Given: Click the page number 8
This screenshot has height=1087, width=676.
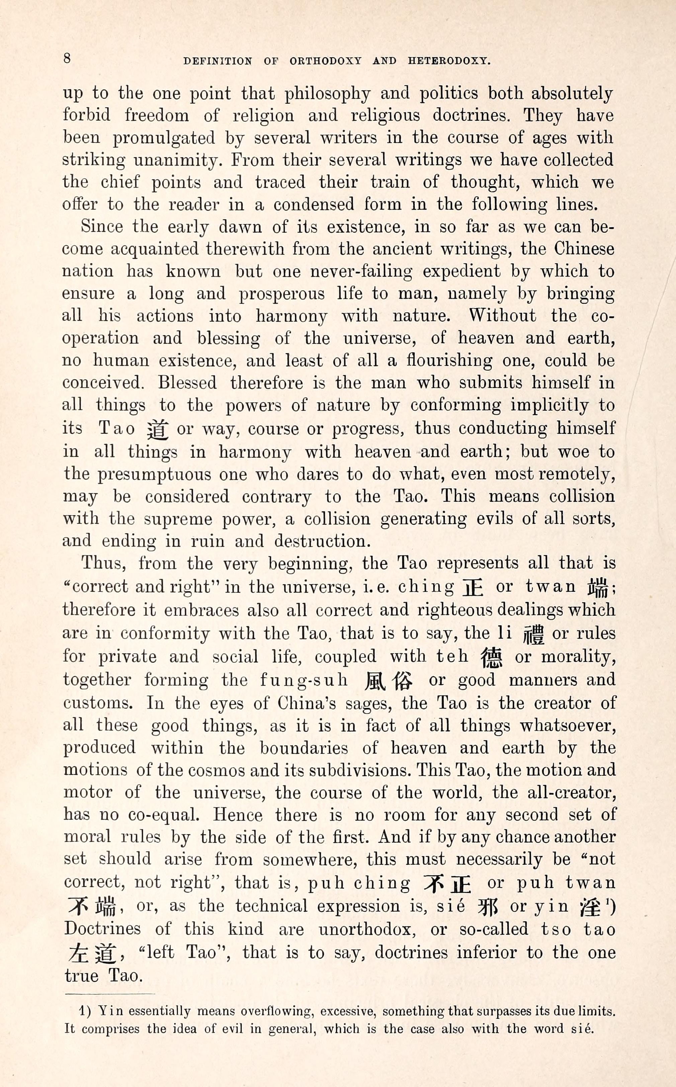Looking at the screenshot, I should (x=67, y=59).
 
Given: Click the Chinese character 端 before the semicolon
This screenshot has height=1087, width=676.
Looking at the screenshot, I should (x=598, y=588).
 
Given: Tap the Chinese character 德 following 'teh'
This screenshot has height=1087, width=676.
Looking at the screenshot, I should (x=491, y=657).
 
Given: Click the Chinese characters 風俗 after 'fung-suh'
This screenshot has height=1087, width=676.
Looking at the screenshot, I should (x=389, y=681).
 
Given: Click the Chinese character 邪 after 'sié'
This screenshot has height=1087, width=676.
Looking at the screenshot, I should (x=488, y=907).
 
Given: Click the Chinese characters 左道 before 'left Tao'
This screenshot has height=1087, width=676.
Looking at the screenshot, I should (x=92, y=954).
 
